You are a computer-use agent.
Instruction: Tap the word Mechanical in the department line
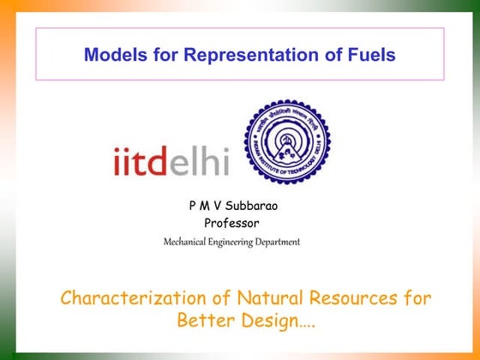tap(187, 243)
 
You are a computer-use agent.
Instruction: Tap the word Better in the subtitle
tap(205, 321)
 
